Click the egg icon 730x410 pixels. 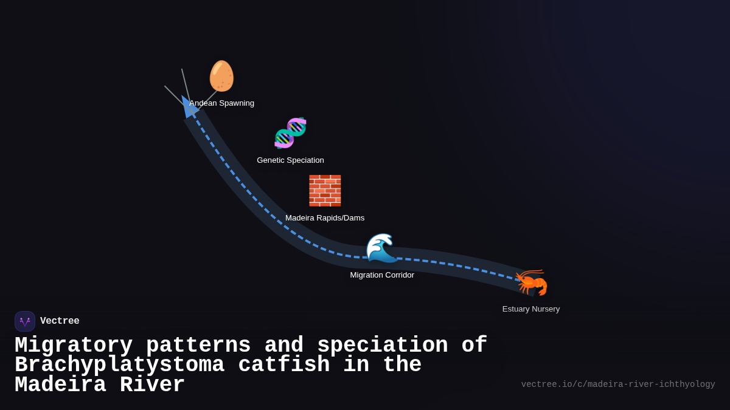click(221, 77)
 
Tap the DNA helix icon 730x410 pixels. click(290, 133)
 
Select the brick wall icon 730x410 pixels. click(325, 191)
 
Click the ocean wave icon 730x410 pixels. click(381, 248)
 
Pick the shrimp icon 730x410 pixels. click(531, 282)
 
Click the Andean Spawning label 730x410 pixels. click(222, 103)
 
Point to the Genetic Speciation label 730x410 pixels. click(290, 160)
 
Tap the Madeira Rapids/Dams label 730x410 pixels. click(325, 218)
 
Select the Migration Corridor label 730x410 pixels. click(382, 275)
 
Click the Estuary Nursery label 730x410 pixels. click(531, 309)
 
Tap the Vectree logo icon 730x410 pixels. click(25, 321)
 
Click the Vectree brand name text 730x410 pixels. click(60, 321)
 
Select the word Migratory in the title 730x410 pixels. click(74, 346)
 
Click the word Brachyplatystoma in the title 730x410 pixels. click(119, 365)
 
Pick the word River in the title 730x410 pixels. click(152, 385)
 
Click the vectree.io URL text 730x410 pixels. click(618, 384)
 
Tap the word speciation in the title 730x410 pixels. click(383, 346)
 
